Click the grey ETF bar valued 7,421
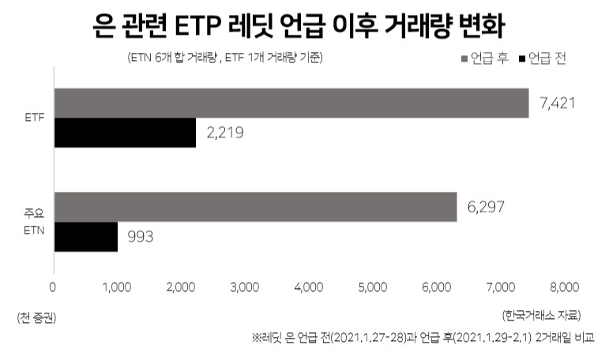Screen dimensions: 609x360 coord(291,103)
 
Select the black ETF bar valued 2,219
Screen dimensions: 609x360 coord(125,133)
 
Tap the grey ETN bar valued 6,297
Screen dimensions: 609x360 coord(256,207)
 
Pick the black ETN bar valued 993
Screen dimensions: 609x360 coord(86,237)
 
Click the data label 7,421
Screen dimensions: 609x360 coord(558,103)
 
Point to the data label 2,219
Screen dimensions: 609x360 coord(225,133)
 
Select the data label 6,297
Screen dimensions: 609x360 coord(486,207)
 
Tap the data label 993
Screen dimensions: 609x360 coord(141,237)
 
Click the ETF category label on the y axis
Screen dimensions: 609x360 coord(35,118)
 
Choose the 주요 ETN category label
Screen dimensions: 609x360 coord(34,222)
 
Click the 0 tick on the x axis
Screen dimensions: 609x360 coord(53,287)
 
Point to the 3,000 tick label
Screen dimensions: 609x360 coord(245,287)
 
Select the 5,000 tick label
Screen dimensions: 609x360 coord(373,287)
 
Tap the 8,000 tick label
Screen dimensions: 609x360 coord(565,287)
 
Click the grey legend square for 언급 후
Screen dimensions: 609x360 coord(464,59)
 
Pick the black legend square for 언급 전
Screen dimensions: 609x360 coord(522,59)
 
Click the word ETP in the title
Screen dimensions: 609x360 coord(197,26)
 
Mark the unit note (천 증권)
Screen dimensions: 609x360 coord(36,318)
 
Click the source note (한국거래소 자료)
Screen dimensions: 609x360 coord(542,315)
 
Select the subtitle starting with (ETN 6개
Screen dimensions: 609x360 coord(225,58)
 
